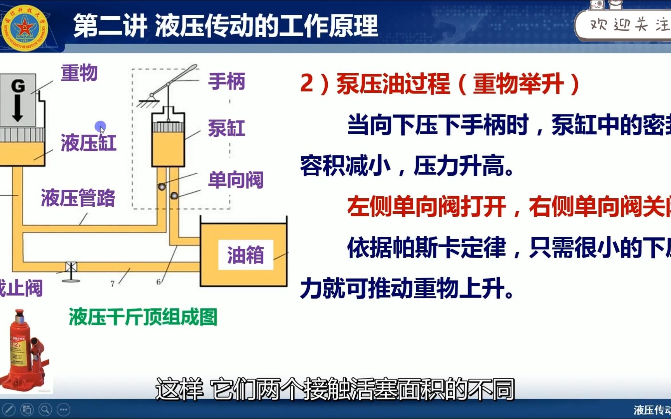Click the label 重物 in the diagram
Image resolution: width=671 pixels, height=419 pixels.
(79, 73)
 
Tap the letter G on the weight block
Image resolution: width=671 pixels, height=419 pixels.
(18, 86)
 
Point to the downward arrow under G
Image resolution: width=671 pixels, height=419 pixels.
(17, 109)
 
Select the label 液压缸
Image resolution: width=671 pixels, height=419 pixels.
(89, 142)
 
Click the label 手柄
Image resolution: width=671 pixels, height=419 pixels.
(227, 81)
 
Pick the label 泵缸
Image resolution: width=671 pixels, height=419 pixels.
(227, 128)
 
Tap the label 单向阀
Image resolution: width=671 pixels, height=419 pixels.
(236, 180)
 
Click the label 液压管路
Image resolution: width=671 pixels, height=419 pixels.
(78, 198)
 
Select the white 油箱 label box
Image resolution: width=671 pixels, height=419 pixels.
(245, 255)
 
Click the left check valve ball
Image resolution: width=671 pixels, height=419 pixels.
(162, 187)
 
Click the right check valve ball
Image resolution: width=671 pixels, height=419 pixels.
(174, 196)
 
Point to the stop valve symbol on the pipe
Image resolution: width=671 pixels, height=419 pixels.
(71, 268)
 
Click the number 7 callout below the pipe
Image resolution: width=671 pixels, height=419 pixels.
(112, 284)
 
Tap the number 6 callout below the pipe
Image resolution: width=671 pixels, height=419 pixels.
(158, 282)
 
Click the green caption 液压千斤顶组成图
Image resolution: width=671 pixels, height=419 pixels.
(143, 317)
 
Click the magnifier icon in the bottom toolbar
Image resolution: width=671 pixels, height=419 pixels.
(45, 409)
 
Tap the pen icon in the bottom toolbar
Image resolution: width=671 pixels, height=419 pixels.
(9, 409)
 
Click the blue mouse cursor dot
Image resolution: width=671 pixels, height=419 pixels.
(100, 126)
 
